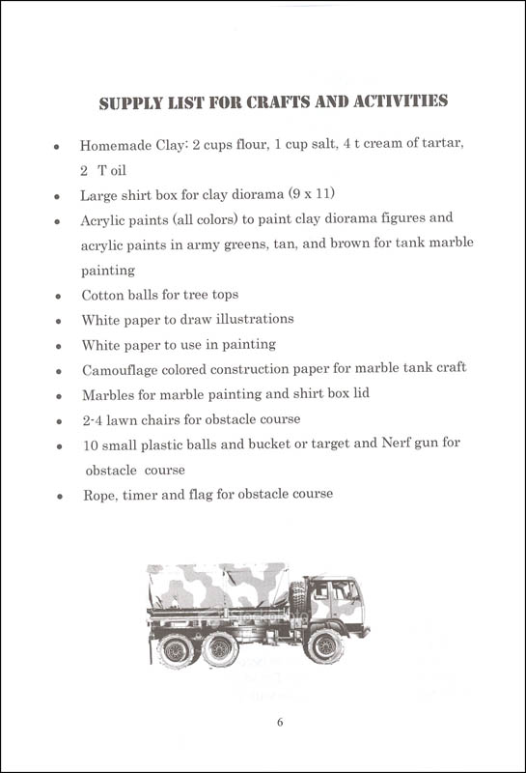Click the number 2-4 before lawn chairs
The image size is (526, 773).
95,419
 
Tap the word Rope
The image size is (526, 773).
97,495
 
